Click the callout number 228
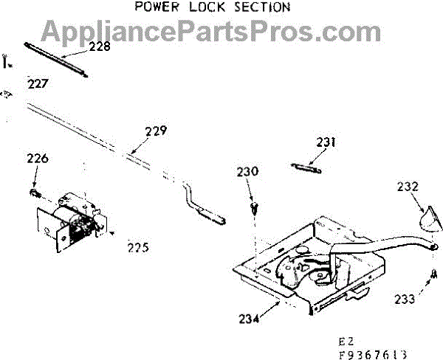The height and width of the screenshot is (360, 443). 99,46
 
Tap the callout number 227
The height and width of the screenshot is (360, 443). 38,83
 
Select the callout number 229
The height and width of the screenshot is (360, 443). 155,132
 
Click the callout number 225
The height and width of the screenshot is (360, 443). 137,247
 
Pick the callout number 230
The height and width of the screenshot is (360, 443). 247,171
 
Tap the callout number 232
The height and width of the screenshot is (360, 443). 408,187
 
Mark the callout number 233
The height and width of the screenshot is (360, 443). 405,299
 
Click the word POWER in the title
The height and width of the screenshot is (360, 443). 157,7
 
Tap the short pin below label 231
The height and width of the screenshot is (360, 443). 306,167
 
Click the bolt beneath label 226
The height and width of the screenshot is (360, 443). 34,193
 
